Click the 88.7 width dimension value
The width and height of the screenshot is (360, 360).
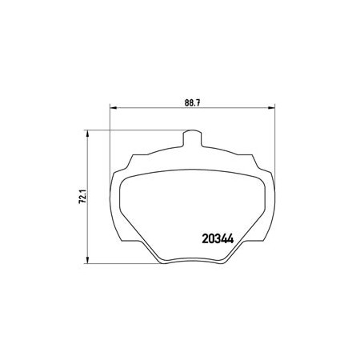pos(192,103)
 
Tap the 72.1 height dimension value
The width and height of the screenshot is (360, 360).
pos(82,197)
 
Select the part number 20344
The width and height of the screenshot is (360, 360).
pos(218,238)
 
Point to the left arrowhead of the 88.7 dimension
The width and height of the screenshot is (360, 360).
pos(114,108)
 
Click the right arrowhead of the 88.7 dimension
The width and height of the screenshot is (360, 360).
pos(271,108)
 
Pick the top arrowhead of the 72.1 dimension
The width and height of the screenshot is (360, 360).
pos(87,134)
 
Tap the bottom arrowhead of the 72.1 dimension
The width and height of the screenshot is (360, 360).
pos(87,260)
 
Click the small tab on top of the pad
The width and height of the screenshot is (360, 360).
pos(192,138)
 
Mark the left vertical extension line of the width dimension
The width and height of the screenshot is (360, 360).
pos(110,144)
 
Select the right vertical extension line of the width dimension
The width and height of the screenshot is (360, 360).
pos(275,144)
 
